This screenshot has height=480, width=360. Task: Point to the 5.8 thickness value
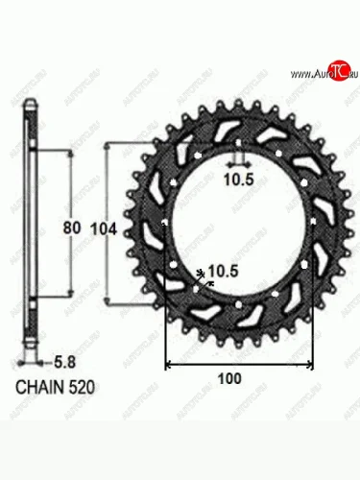tap(61, 364)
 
